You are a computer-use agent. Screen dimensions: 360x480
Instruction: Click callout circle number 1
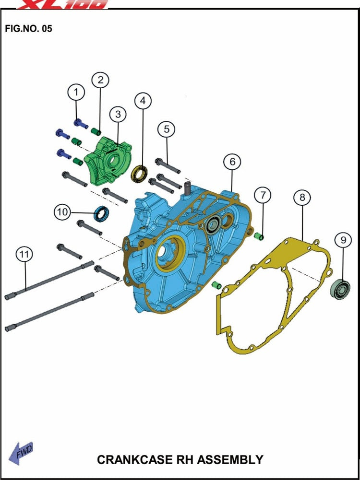(77, 92)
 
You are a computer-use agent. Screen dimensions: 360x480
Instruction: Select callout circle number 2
(100, 80)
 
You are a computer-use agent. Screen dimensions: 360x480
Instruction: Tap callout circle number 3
(118, 114)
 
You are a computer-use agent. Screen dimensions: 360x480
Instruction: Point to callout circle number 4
(143, 101)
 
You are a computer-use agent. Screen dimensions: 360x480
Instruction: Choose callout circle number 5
(167, 129)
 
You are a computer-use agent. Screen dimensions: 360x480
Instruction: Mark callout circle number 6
(232, 162)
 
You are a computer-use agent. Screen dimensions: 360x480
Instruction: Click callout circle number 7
(262, 195)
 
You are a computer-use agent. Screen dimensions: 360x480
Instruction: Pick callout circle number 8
(302, 198)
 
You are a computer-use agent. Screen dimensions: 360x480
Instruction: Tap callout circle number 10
(62, 212)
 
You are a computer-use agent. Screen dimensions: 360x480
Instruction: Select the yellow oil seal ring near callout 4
(140, 173)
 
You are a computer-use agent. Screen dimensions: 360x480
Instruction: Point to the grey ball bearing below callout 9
(340, 289)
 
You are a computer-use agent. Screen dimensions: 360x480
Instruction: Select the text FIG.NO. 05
(28, 29)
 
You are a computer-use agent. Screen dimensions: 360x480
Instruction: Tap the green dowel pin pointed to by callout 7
(259, 236)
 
